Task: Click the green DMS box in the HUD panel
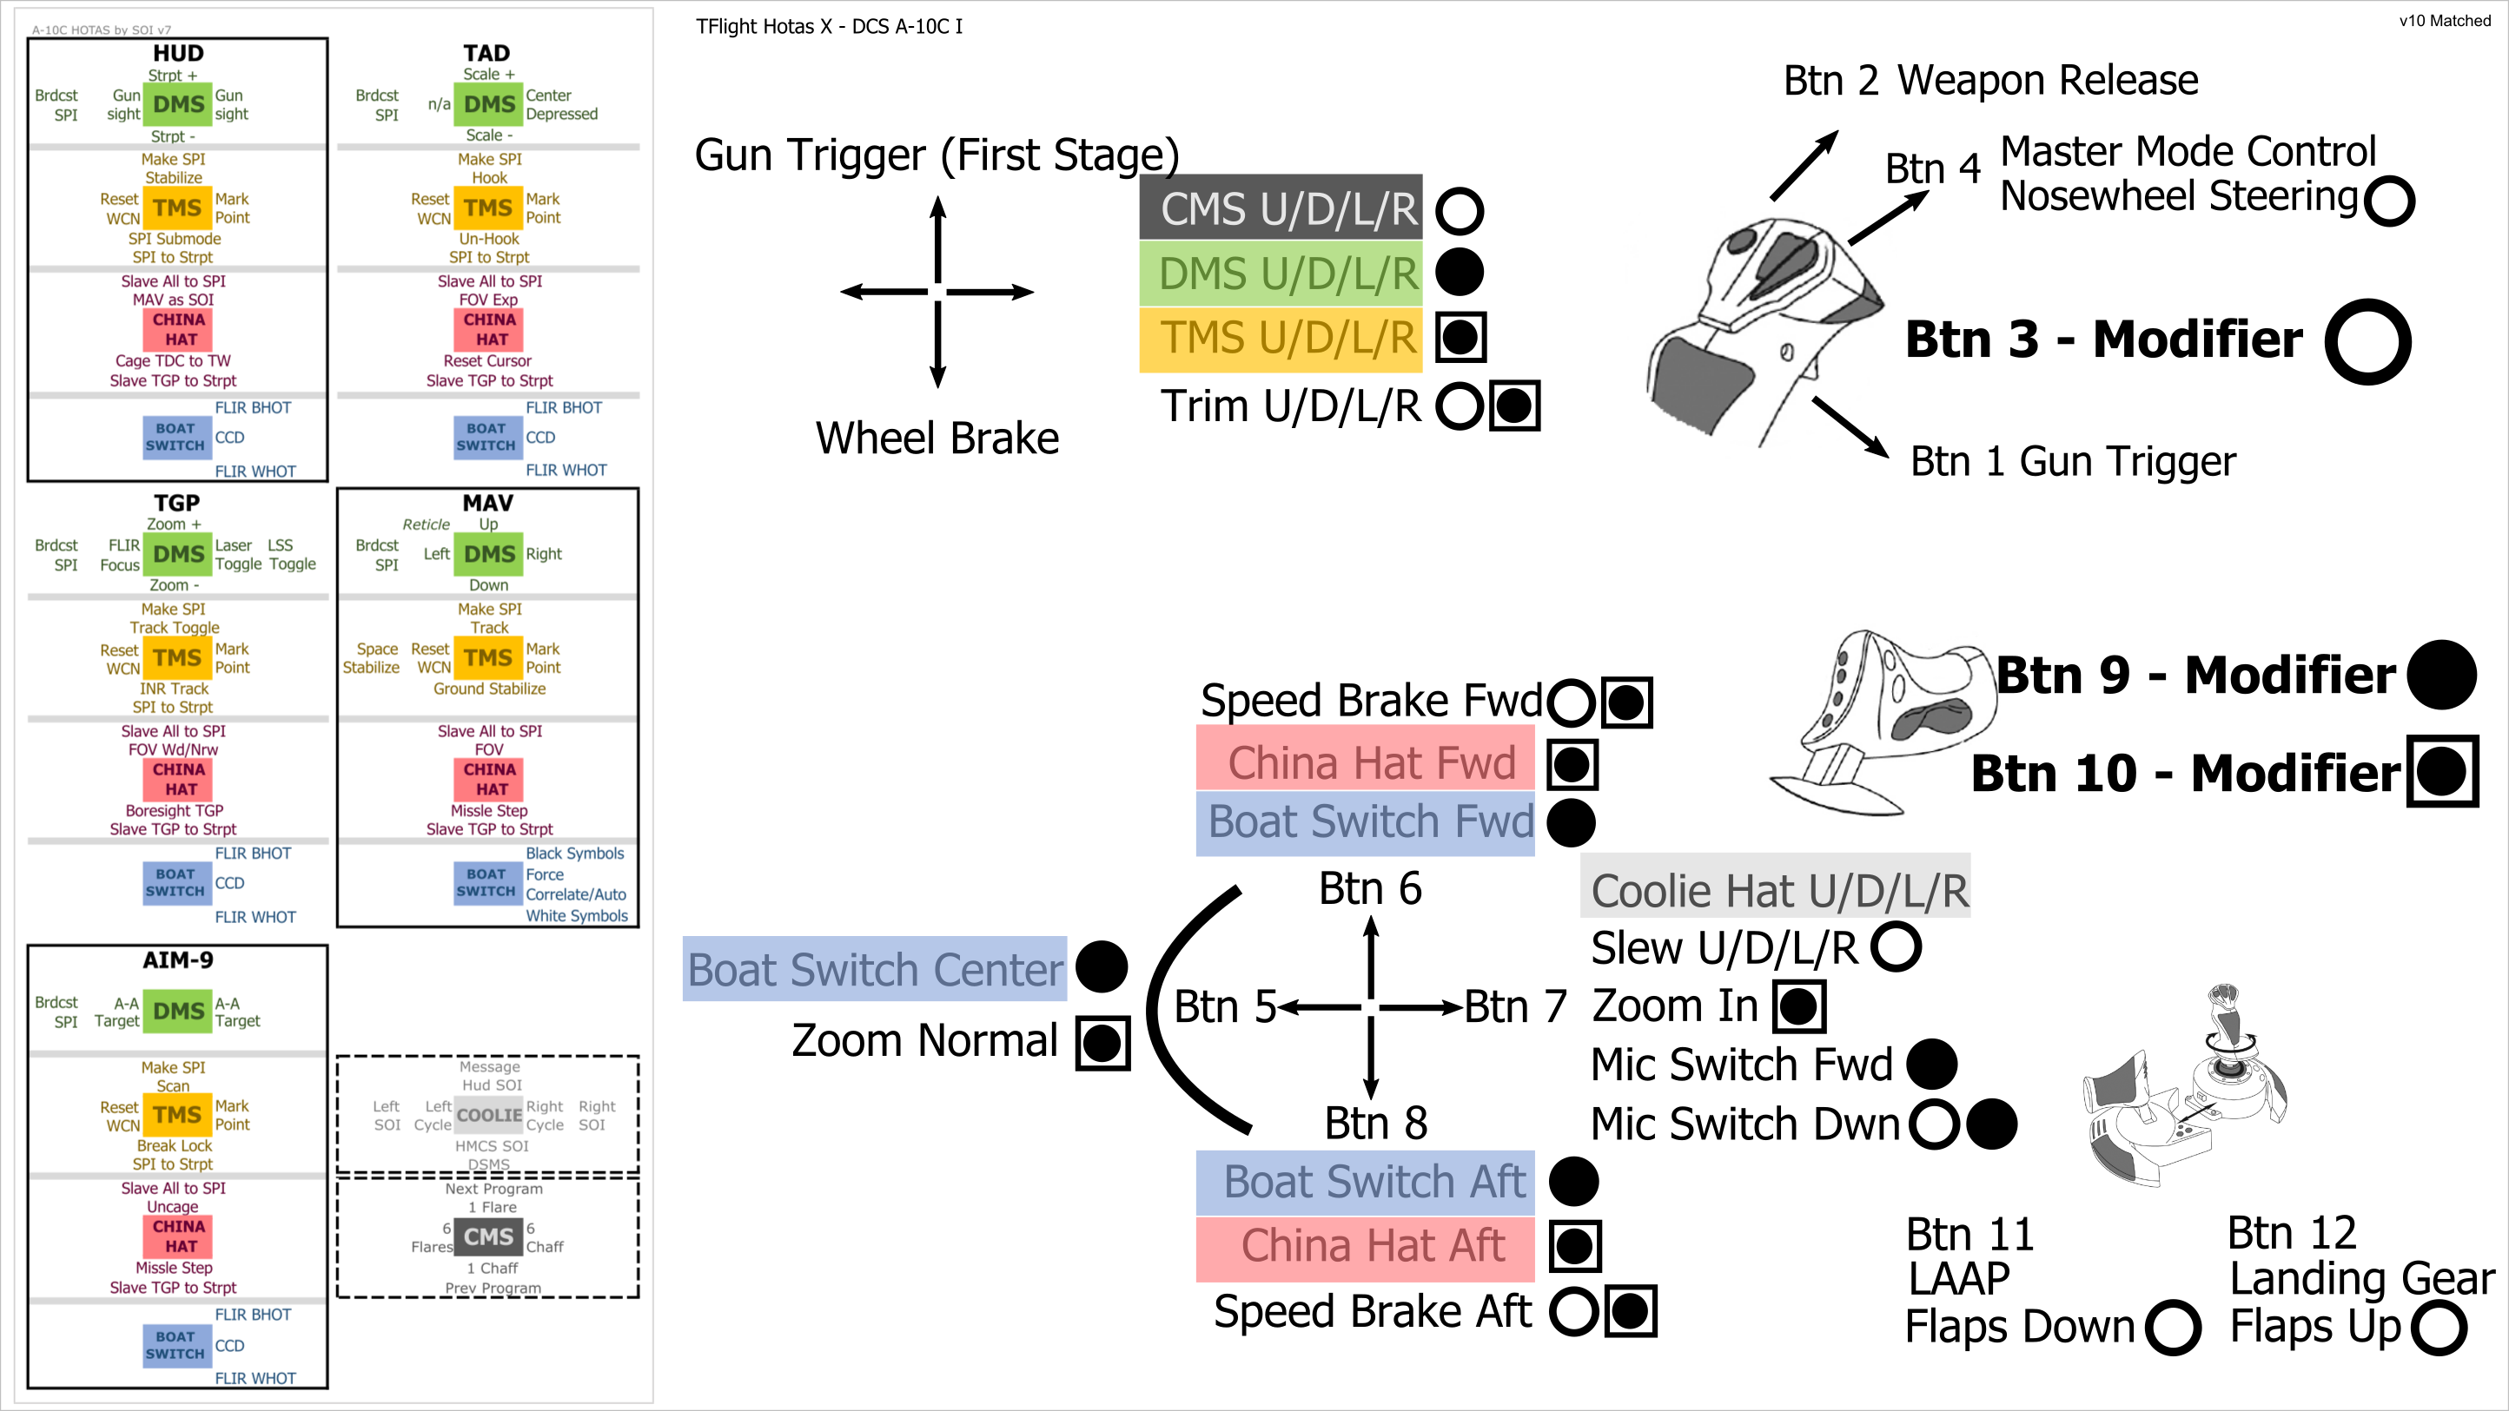click(178, 104)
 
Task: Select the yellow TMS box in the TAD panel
click(488, 208)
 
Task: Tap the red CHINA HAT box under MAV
click(488, 779)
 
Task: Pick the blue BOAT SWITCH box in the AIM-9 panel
click(175, 1345)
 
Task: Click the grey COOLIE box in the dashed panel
click(489, 1115)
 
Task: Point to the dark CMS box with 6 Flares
click(488, 1236)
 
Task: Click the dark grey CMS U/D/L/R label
click(1280, 208)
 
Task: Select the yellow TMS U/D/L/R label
click(1280, 338)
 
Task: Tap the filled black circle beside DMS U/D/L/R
click(1459, 273)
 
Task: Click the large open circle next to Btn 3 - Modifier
click(2367, 341)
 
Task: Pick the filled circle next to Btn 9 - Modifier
click(2441, 674)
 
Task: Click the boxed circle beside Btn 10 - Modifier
click(2441, 771)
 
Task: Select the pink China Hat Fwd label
click(1365, 762)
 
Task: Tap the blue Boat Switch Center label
click(875, 969)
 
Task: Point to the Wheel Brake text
click(937, 438)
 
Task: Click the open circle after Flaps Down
click(2171, 1328)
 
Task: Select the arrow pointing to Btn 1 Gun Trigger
click(1850, 425)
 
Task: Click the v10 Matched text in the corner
click(2444, 21)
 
